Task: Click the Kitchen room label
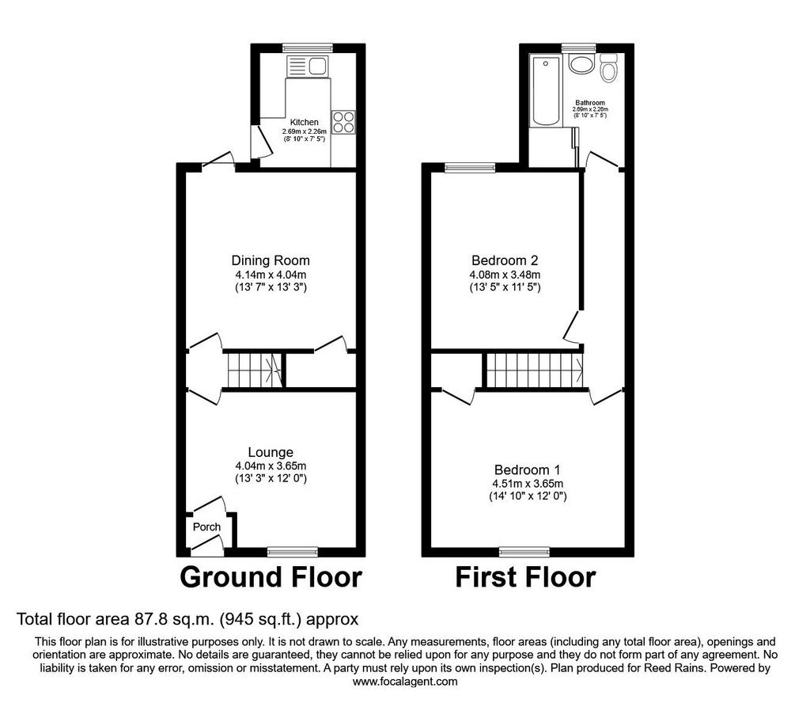305,122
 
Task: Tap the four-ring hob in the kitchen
343,123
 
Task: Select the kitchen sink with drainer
307,66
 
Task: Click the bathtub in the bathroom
546,91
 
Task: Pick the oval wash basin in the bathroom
581,65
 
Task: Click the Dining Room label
271,260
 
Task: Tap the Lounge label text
271,452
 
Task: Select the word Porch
206,526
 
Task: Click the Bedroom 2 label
505,260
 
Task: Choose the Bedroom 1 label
528,470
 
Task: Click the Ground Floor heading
271,577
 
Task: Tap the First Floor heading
525,577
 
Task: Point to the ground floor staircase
254,370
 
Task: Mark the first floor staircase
536,370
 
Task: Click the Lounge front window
293,552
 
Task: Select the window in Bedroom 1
524,552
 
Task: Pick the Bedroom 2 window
470,168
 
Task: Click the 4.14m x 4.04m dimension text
271,275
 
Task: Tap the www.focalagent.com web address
405,682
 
